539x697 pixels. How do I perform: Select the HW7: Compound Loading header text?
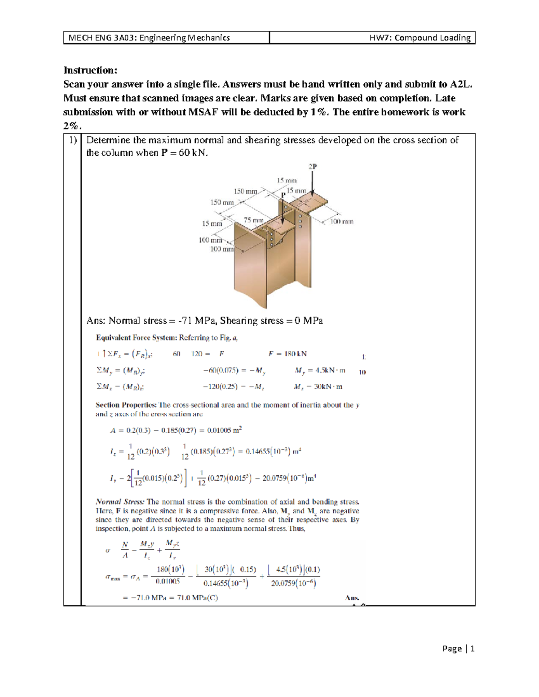pos(420,38)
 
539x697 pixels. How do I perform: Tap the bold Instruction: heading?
pos(90,70)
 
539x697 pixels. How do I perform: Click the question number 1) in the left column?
pos(73,140)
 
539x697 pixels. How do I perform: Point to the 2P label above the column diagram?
pos(313,167)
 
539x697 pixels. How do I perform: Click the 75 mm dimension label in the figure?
pos(253,220)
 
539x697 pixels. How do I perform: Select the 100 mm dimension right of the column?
pos(342,221)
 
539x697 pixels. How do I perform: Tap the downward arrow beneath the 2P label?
pos(313,184)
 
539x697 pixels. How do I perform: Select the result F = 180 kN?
pos(287,354)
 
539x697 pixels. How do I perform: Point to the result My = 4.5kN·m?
pos(320,370)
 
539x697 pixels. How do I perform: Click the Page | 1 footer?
pos(458,649)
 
